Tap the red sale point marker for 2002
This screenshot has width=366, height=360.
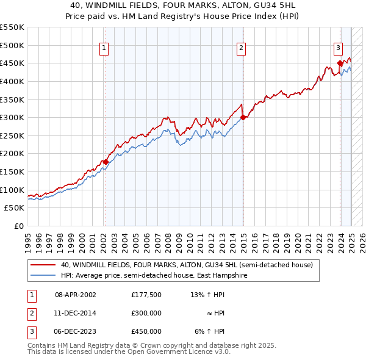[x=106, y=162]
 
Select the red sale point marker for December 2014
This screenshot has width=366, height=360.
[x=243, y=117]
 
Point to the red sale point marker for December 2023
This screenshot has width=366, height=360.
[x=340, y=63]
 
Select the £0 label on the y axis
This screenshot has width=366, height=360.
[x=19, y=226]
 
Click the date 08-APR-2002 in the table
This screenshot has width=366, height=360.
[x=76, y=295]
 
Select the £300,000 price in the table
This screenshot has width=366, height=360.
[x=146, y=313]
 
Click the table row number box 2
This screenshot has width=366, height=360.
[x=30, y=313]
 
